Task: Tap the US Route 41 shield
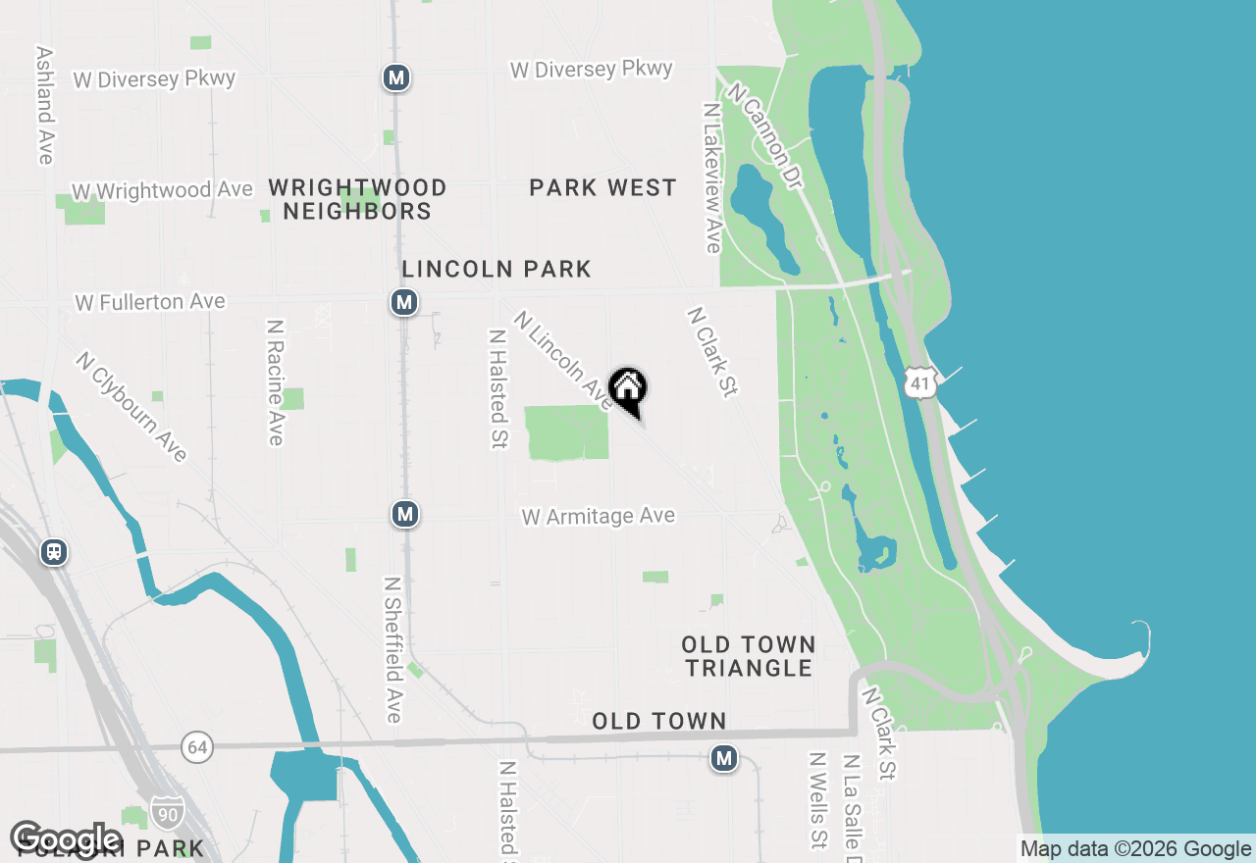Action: [919, 383]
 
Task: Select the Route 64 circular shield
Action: [197, 747]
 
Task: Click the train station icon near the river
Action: [54, 552]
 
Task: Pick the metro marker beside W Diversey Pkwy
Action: [396, 77]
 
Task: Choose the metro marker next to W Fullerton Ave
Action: [404, 302]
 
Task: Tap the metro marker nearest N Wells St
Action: [724, 758]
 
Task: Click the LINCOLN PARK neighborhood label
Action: [497, 269]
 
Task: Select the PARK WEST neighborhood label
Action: [602, 187]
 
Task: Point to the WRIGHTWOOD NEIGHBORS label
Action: [357, 199]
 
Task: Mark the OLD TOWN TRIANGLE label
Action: [749, 656]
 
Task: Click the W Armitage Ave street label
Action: [599, 516]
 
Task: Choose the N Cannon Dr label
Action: [764, 135]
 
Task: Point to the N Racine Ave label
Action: [276, 381]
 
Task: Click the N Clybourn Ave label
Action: [131, 406]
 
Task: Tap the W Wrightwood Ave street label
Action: [162, 190]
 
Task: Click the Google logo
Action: [66, 838]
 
